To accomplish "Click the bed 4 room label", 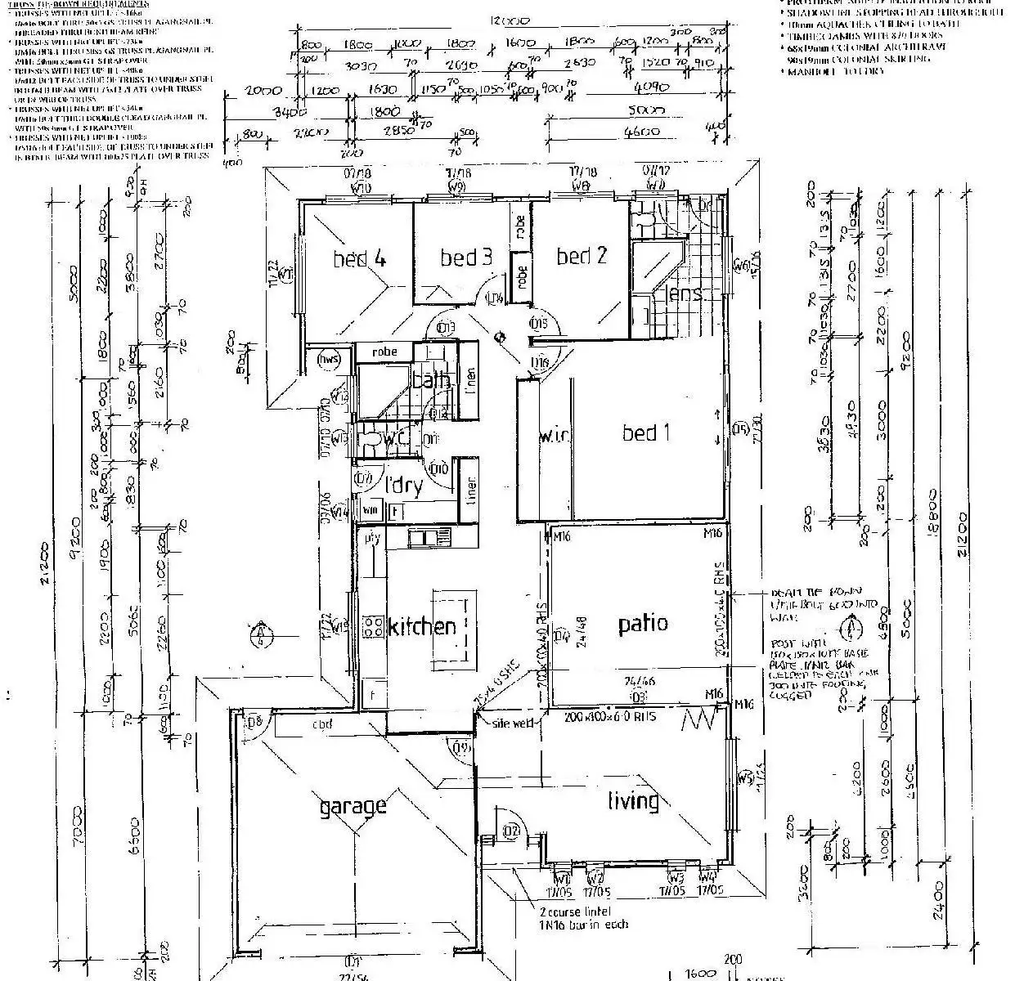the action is [359, 259].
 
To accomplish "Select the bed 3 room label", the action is [465, 258].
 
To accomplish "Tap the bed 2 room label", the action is [582, 256].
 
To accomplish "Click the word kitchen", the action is [422, 627].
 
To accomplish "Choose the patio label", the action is [643, 624].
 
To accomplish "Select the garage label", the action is [353, 807].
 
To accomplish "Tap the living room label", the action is [633, 800].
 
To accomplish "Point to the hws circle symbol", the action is [330, 361].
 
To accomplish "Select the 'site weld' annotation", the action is [513, 723].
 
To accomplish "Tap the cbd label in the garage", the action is [321, 724].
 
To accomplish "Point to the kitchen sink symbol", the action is [429, 537].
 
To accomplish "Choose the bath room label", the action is [431, 380].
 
